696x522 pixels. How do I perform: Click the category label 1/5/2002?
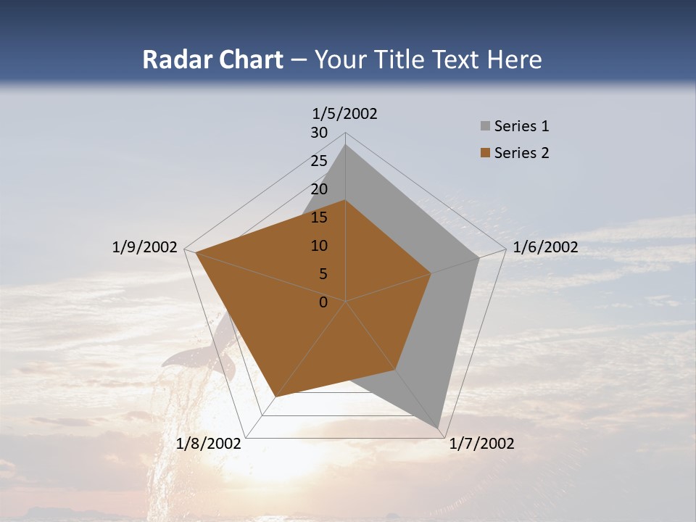(x=345, y=114)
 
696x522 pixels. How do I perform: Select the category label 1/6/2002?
(x=545, y=247)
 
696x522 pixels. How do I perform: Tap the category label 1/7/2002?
(x=481, y=444)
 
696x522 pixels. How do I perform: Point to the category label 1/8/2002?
(x=209, y=444)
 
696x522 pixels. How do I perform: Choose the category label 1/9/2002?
(x=145, y=247)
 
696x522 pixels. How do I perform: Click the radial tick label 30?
(x=319, y=133)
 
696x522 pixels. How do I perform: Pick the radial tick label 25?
(x=319, y=161)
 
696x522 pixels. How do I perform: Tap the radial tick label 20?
(x=319, y=189)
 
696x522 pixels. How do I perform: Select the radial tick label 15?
(x=319, y=217)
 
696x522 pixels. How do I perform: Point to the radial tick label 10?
(x=319, y=246)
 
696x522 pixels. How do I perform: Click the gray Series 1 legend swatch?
(x=485, y=127)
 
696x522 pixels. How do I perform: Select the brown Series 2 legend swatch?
(x=485, y=153)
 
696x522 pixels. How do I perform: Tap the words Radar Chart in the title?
(x=212, y=60)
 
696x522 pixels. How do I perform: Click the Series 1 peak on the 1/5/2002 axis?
(x=346, y=145)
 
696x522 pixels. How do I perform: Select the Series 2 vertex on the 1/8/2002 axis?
(x=276, y=397)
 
